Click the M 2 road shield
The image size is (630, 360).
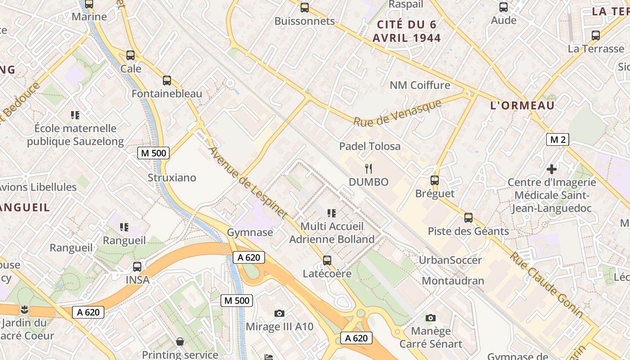tap(558, 139)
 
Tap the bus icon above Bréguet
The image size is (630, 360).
tap(434, 180)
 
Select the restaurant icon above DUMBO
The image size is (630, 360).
tap(369, 169)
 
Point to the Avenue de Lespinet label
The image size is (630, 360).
tap(247, 183)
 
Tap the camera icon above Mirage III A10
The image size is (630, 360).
tap(279, 313)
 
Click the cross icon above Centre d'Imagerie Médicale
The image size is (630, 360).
tap(552, 169)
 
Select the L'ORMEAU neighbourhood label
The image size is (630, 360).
tap(522, 106)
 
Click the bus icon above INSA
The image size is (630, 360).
tap(137, 266)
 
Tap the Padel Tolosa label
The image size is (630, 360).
tap(369, 146)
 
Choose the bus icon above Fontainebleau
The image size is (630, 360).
tap(167, 81)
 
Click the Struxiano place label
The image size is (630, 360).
tap(172, 178)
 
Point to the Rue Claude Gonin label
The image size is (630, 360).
tap(546, 284)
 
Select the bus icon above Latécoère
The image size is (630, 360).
tap(327, 260)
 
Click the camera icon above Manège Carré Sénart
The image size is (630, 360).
tap(430, 318)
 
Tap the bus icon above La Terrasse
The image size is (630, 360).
tap(596, 35)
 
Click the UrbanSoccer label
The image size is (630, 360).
tap(450, 260)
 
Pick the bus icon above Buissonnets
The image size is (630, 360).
tap(305, 7)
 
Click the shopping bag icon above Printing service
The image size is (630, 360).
tap(180, 342)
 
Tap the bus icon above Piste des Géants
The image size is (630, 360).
tap(468, 218)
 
